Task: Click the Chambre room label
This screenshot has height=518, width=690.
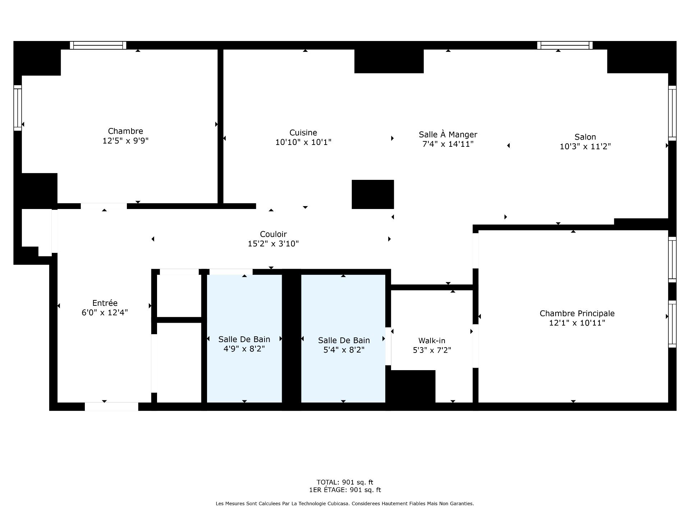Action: [125, 131]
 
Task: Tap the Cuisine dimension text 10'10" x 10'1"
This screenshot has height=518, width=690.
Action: [303, 142]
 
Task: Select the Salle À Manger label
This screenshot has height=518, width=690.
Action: [448, 135]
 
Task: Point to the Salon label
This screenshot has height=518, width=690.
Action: [585, 137]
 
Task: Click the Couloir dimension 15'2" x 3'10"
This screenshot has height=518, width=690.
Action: [273, 244]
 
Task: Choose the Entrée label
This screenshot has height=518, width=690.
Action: [105, 303]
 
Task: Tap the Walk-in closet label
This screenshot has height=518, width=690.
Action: [432, 341]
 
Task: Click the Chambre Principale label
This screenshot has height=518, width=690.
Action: [577, 314]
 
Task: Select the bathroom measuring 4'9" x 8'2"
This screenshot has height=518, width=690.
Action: [244, 338]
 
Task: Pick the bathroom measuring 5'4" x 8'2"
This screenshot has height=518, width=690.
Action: [343, 338]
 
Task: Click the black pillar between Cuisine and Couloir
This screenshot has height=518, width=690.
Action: [373, 194]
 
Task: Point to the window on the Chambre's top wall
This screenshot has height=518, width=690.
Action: [98, 45]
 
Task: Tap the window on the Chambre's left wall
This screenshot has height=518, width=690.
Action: [18, 108]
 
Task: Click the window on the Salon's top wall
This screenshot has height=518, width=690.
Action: [565, 45]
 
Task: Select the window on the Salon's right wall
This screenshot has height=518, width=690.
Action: [672, 113]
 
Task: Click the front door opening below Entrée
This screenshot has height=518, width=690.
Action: [111, 406]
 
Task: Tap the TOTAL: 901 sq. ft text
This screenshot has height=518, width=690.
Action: [345, 482]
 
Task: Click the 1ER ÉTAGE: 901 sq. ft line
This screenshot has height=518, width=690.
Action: [345, 490]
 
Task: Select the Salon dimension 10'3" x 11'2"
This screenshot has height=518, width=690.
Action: [585, 147]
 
